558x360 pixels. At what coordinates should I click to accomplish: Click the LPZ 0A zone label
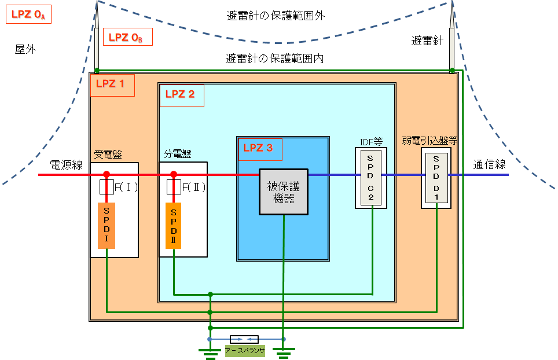(x=28, y=14)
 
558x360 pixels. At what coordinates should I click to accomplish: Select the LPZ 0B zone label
(x=128, y=36)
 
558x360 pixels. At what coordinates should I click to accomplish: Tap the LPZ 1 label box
(x=112, y=85)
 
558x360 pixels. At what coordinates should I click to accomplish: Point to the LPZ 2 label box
(x=182, y=95)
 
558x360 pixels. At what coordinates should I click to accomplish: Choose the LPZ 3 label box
(x=260, y=149)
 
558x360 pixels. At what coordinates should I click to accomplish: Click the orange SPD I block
(x=107, y=226)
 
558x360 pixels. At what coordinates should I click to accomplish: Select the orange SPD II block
(x=173, y=226)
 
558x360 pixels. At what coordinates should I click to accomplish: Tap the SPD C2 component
(x=371, y=178)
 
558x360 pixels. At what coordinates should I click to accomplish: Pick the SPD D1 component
(x=436, y=178)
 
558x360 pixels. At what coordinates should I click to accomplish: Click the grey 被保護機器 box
(x=284, y=192)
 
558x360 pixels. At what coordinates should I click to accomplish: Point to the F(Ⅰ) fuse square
(x=107, y=187)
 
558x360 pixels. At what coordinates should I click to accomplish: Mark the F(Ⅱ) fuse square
(x=174, y=187)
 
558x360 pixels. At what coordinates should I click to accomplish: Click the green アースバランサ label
(x=245, y=351)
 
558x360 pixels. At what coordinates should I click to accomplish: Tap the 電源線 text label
(x=66, y=165)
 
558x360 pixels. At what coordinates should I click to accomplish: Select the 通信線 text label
(x=489, y=164)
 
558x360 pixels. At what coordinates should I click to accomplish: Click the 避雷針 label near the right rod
(x=427, y=41)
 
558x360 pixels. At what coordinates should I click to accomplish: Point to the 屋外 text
(x=25, y=49)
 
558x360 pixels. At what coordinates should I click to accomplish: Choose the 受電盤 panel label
(x=108, y=155)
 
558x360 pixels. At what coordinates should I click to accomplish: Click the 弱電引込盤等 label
(x=429, y=141)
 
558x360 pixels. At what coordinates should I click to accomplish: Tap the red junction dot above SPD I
(x=107, y=174)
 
